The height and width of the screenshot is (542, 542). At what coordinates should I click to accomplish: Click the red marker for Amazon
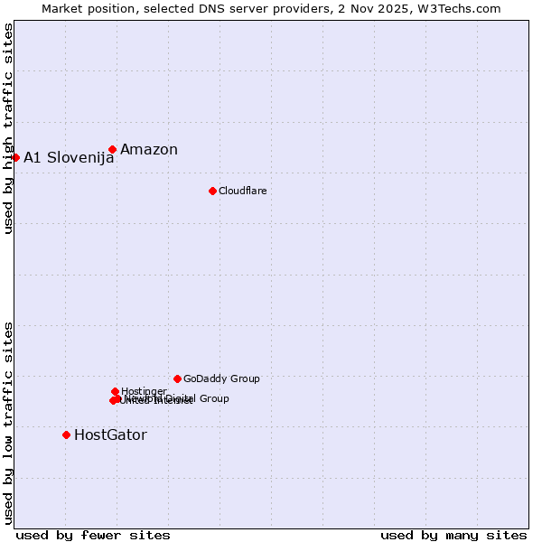coord(112,150)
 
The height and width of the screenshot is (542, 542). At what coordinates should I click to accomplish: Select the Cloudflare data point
coord(212,191)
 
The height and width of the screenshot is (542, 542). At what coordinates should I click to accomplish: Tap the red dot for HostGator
coord(66,435)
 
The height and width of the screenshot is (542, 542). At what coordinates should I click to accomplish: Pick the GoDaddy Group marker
coord(177,378)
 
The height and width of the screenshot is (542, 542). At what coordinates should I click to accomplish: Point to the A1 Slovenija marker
coord(15,157)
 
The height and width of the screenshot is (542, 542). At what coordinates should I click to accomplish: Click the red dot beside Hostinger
coord(115,391)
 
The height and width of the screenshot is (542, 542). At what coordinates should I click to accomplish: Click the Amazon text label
coord(149,150)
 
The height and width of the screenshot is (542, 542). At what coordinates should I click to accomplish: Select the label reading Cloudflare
coord(242,191)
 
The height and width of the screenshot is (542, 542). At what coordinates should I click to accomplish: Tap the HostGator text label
coord(110,435)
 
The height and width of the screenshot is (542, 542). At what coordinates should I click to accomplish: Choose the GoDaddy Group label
coord(221,378)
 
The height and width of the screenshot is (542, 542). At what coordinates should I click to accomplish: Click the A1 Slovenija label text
coord(69,157)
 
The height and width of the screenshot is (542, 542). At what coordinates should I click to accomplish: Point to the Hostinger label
coord(144,391)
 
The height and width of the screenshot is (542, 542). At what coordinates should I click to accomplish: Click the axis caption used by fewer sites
coord(93,535)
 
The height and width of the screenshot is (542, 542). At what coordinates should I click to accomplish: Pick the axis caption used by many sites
coord(453,535)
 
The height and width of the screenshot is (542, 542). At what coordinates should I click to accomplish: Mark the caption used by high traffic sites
coord(8,129)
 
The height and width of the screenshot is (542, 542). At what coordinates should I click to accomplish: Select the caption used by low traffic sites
coord(8,423)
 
